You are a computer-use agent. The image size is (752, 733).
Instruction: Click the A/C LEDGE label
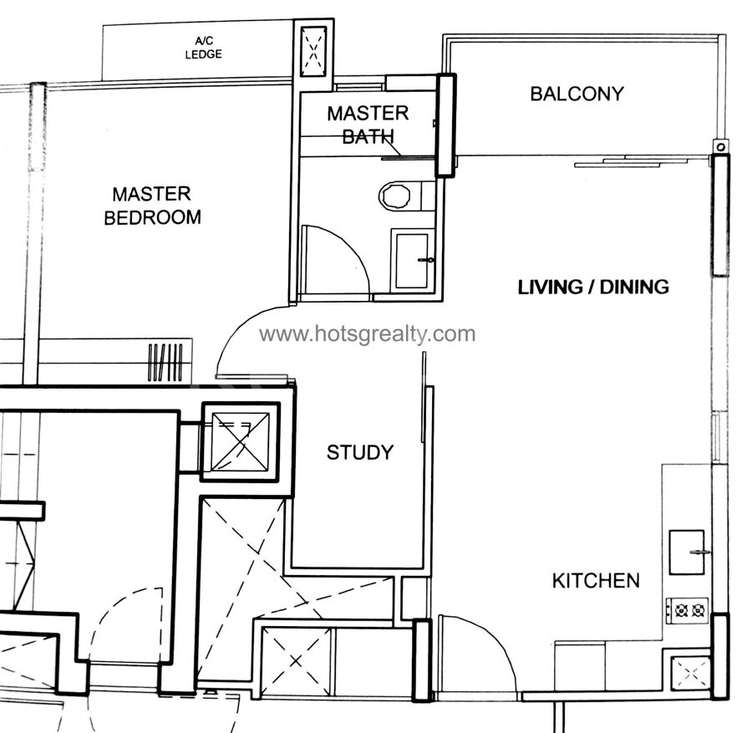pyautogui.click(x=203, y=48)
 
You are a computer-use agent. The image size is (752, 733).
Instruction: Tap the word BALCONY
pyautogui.click(x=577, y=94)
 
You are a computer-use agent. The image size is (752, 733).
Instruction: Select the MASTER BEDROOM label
pyautogui.click(x=153, y=206)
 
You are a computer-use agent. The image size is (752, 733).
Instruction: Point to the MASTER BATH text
pyautogui.click(x=368, y=125)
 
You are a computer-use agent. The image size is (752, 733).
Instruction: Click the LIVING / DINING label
pyautogui.click(x=594, y=287)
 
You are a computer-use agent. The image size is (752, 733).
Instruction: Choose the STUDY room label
pyautogui.click(x=360, y=452)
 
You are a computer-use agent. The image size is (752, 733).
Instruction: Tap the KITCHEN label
pyautogui.click(x=596, y=581)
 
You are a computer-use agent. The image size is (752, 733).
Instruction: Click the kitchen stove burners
pyautogui.click(x=688, y=611)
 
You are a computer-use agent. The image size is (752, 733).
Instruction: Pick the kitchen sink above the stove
pyautogui.click(x=688, y=552)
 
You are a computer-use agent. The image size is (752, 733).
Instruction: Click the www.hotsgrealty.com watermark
pyautogui.click(x=368, y=333)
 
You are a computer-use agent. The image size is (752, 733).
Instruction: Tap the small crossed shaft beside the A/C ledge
pyautogui.click(x=313, y=51)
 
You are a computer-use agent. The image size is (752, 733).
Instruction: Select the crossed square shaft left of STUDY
pyautogui.click(x=240, y=442)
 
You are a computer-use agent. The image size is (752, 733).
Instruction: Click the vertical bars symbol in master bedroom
pyautogui.click(x=165, y=362)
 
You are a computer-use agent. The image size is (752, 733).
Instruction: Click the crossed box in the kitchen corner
pyautogui.click(x=691, y=675)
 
